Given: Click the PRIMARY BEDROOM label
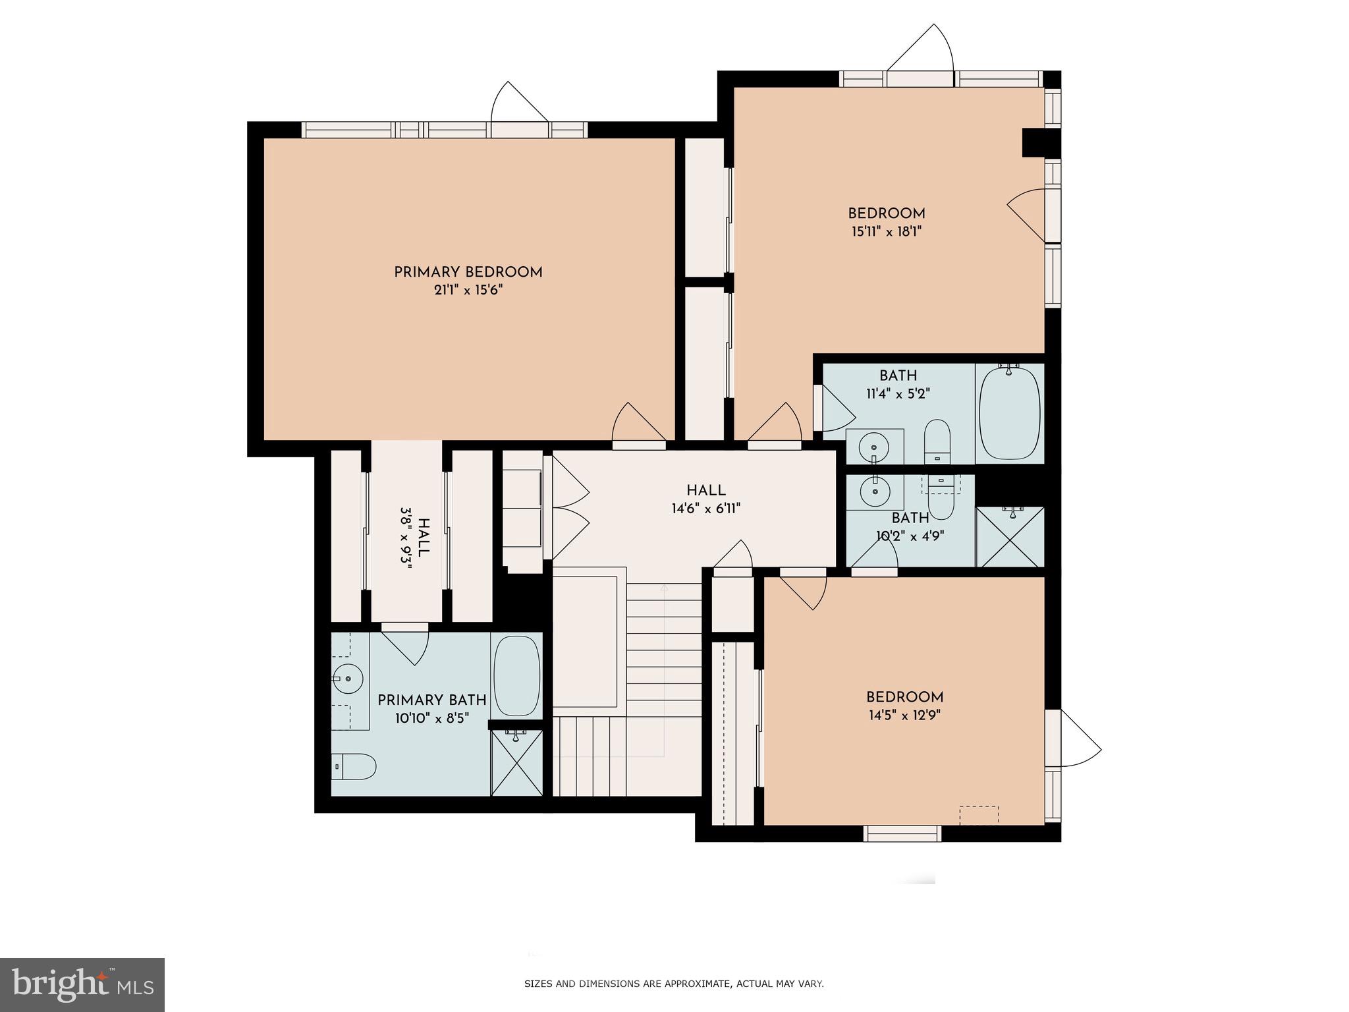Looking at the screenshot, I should (x=468, y=272).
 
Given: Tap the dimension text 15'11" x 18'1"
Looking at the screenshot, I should (x=886, y=231).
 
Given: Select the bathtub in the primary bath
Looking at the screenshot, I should (x=516, y=676).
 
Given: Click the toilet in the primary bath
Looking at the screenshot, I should (x=354, y=766).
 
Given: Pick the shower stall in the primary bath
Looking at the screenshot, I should (x=517, y=763).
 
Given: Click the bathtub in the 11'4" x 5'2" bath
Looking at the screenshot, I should (x=1009, y=414).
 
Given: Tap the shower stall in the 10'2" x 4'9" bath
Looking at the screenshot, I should (x=1010, y=537).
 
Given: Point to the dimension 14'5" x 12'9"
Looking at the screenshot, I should (x=904, y=716).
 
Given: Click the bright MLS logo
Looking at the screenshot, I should (x=82, y=984).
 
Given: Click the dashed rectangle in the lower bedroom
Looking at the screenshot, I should (x=979, y=815).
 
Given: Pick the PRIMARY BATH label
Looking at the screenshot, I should (x=431, y=700).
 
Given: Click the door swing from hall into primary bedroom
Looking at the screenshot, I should (x=638, y=425).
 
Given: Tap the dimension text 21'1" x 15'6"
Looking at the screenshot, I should (x=468, y=290).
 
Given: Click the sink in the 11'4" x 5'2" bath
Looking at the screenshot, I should (x=873, y=447).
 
